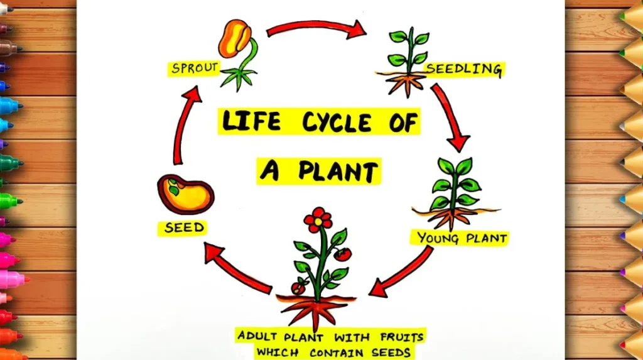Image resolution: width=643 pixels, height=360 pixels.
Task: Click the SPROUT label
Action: [x=194, y=67]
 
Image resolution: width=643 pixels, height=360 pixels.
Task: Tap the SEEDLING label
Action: [x=464, y=68]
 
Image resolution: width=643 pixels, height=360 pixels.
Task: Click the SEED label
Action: [x=185, y=227]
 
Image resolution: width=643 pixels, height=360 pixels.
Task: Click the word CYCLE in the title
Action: [x=338, y=122]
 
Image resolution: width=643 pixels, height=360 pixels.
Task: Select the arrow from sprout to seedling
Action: [x=316, y=26]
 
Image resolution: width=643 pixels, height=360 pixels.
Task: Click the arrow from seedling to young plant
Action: [x=450, y=117]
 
